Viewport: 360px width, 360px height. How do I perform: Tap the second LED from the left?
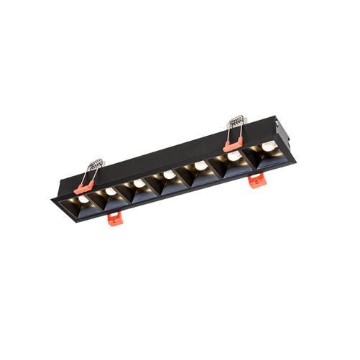click(x=111, y=192)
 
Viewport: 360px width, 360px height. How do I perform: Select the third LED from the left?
click(x=138, y=183)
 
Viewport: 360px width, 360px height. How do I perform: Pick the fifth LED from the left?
click(x=200, y=165)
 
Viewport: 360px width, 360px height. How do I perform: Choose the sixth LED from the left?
click(x=234, y=156)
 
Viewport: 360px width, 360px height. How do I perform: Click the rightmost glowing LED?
click(x=268, y=146)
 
